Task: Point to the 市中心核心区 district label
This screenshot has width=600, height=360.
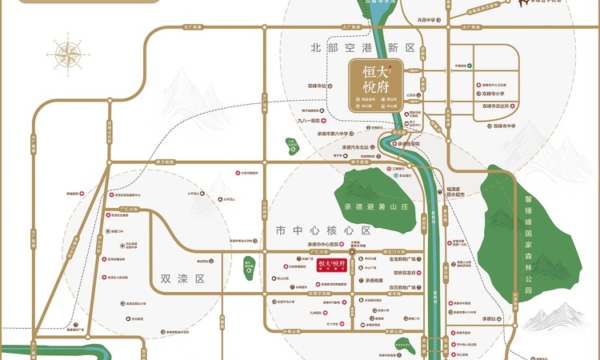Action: pyautogui.click(x=323, y=230)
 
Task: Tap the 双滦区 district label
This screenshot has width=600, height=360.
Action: pyautogui.click(x=182, y=279)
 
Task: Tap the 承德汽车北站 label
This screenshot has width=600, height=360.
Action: pyautogui.click(x=353, y=148)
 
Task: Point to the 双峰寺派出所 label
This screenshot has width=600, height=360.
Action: pyautogui.click(x=499, y=105)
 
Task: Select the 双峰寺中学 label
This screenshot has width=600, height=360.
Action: pyautogui.click(x=506, y=126)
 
